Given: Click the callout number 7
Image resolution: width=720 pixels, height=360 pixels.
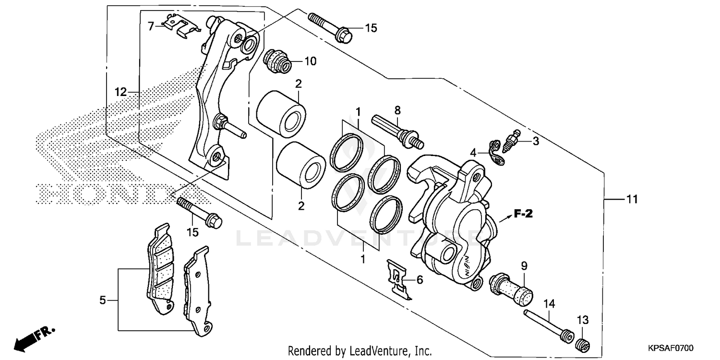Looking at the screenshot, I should [151, 26].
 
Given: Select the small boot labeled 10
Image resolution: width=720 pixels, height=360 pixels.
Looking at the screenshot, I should [276, 61].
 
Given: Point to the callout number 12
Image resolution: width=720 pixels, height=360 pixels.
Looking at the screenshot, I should [120, 92].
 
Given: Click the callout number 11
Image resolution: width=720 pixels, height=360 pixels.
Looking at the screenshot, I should [632, 199].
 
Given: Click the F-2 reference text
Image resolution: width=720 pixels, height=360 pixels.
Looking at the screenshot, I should [524, 214].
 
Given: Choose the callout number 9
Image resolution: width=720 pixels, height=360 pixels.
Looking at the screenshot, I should [524, 265].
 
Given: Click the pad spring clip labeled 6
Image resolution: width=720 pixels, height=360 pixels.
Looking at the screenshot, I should [398, 279].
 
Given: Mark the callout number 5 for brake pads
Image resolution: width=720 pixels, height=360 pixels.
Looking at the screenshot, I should [102, 300].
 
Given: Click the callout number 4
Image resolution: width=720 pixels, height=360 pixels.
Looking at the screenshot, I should [474, 153].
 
